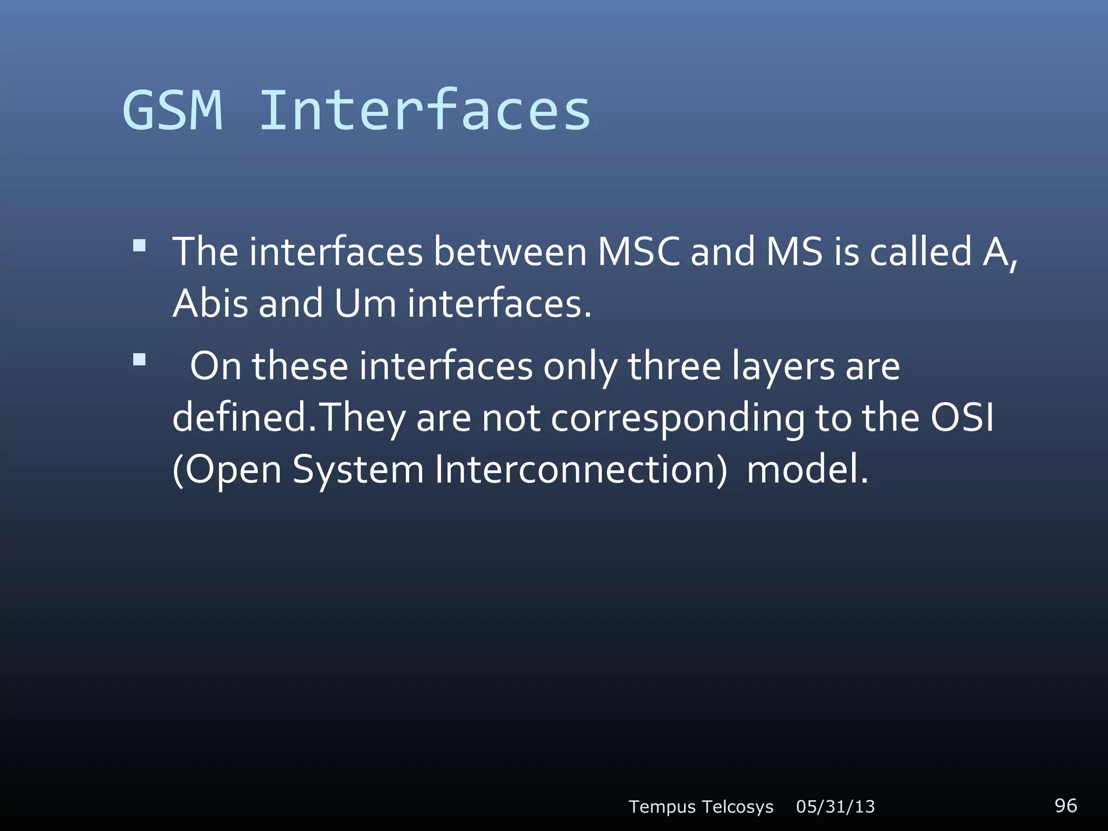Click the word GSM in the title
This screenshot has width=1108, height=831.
(173, 110)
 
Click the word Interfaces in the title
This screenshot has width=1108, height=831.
(425, 110)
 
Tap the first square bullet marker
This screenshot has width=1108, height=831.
(140, 247)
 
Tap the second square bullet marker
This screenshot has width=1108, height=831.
(140, 360)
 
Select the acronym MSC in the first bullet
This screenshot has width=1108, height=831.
(638, 252)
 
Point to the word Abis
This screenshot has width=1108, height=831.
(210, 304)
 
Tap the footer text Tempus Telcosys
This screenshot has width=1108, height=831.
(701, 807)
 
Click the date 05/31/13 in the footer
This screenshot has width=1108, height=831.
(835, 807)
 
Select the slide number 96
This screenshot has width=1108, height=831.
(1065, 805)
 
